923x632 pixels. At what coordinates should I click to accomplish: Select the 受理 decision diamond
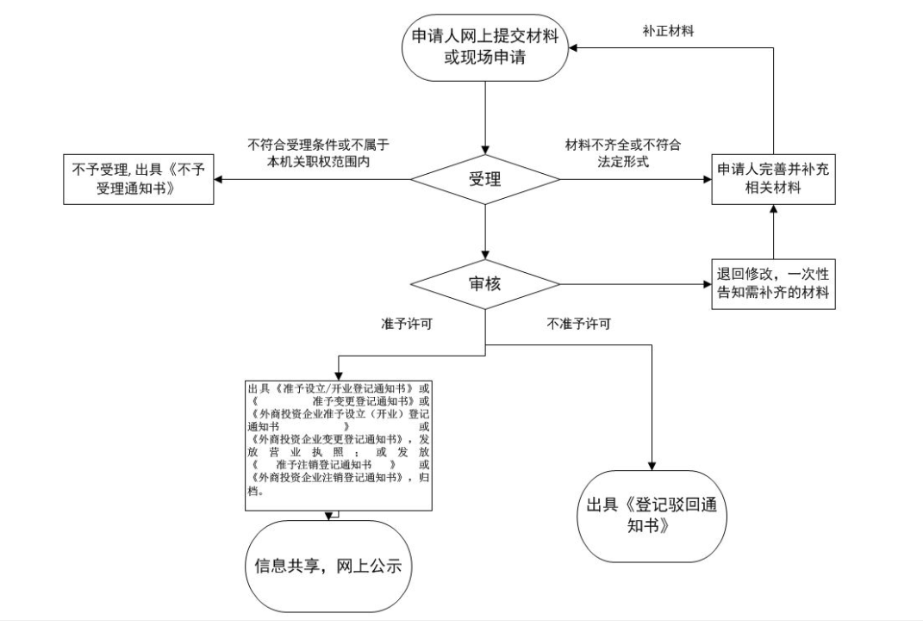click(486, 180)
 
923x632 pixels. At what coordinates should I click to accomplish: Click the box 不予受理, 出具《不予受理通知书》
click(137, 180)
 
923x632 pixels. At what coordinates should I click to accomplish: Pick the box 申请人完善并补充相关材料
click(773, 180)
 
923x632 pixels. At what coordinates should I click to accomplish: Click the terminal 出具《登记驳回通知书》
click(652, 517)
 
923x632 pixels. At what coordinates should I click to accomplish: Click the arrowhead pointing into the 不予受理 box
click(219, 180)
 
